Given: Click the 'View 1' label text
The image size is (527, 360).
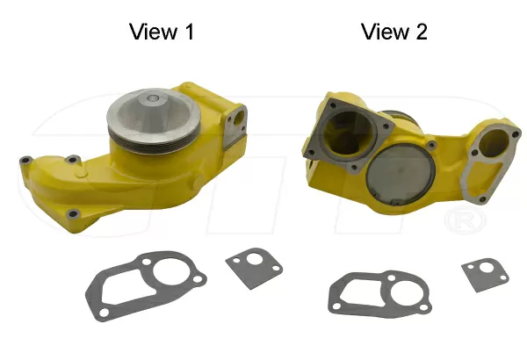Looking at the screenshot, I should pyautogui.click(x=162, y=32).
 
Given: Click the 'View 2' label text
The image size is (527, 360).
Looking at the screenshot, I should pyautogui.click(x=394, y=32).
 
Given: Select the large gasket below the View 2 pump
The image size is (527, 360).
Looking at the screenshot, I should pyautogui.click(x=378, y=290).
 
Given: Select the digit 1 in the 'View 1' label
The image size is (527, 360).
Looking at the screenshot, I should pyautogui.click(x=187, y=32).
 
